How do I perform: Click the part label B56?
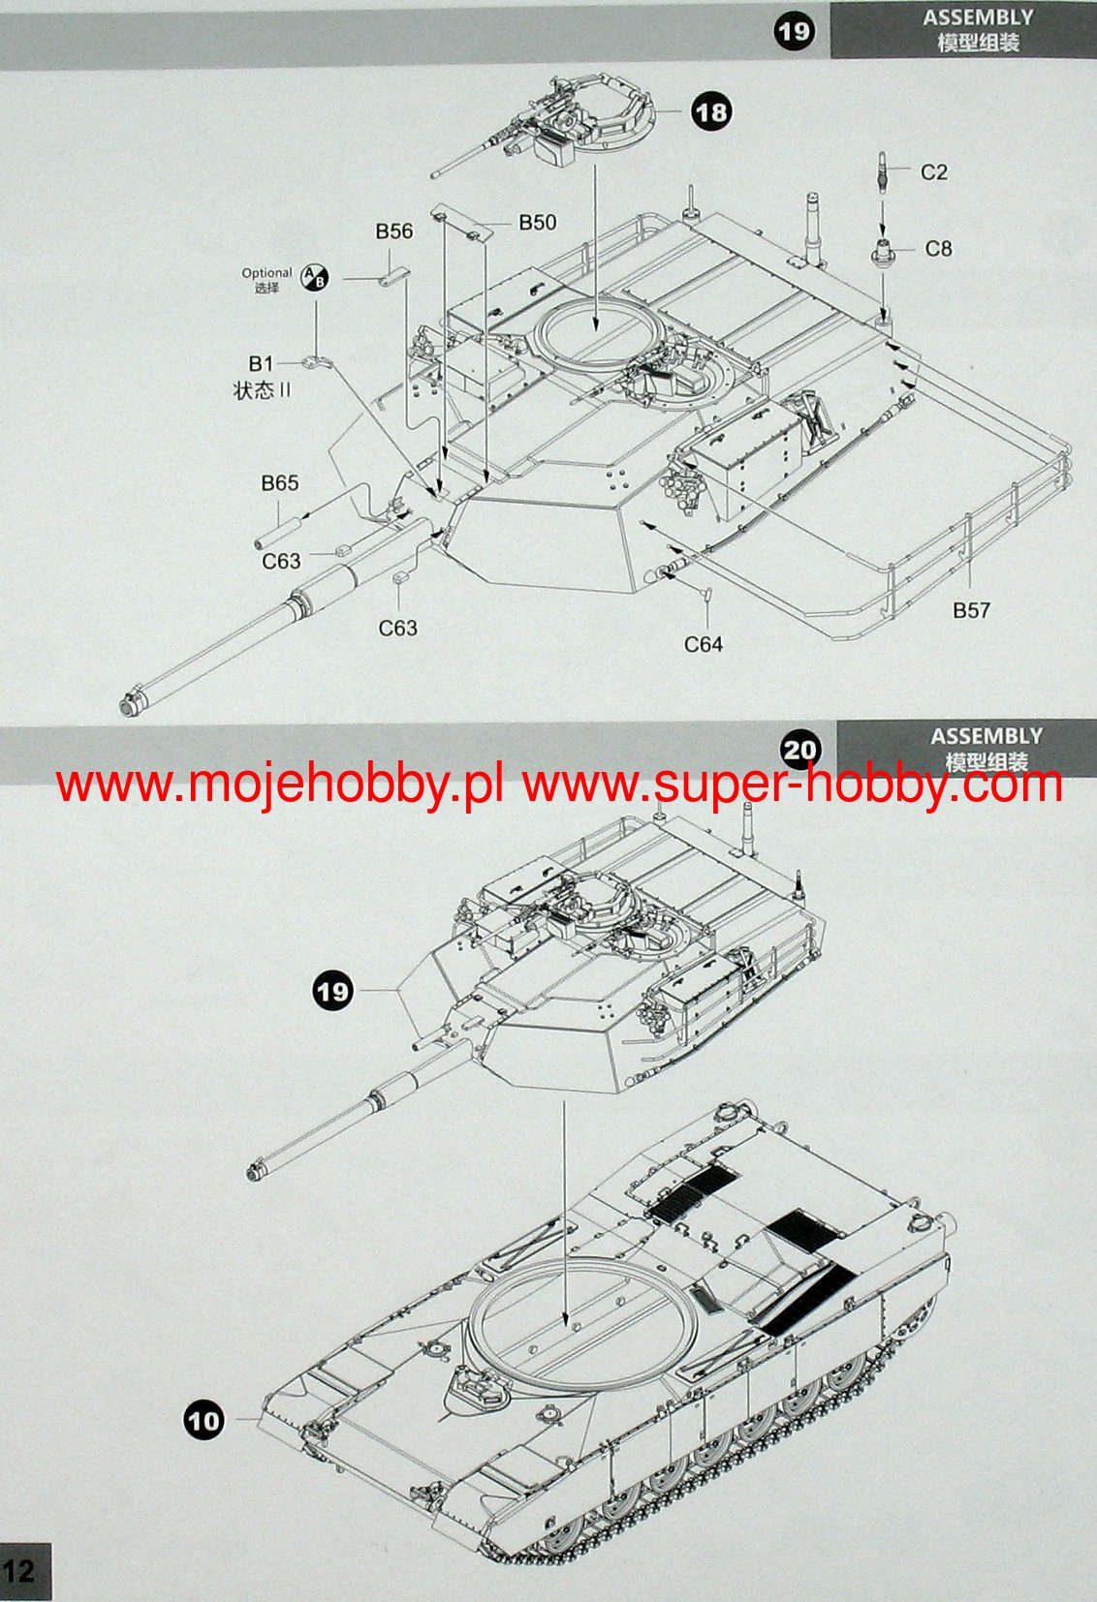pyautogui.click(x=394, y=231)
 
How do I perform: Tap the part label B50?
pyautogui.click(x=538, y=223)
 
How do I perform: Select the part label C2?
pyautogui.click(x=933, y=172)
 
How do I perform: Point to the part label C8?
pyautogui.click(x=938, y=249)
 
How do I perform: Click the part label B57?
pyautogui.click(x=971, y=610)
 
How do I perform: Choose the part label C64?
pyautogui.click(x=704, y=644)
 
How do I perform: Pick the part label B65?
pyautogui.click(x=280, y=483)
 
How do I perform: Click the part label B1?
pyautogui.click(x=261, y=364)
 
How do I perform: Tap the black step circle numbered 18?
pyautogui.click(x=711, y=112)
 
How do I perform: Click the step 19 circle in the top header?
pyautogui.click(x=794, y=31)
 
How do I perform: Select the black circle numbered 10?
pyautogui.click(x=204, y=1421)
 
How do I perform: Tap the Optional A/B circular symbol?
pyautogui.click(x=316, y=279)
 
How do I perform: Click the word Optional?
pyautogui.click(x=266, y=273)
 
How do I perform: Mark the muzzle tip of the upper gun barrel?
pyautogui.click(x=126, y=705)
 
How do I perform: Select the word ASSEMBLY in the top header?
pyautogui.click(x=978, y=17)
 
